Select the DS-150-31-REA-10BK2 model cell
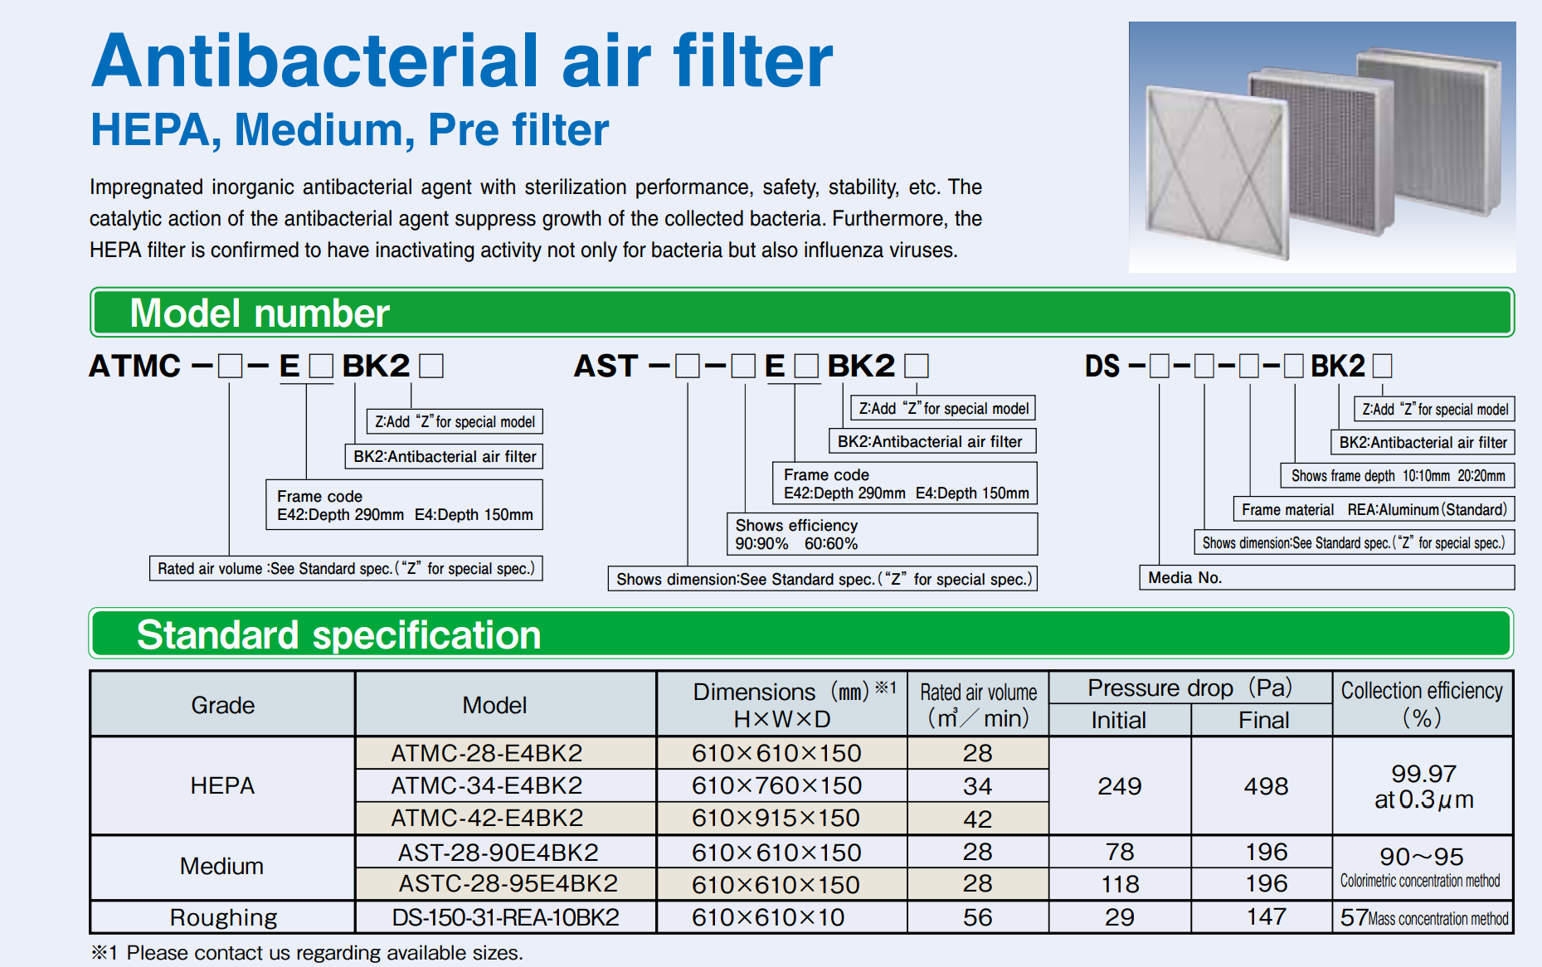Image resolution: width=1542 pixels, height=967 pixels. point(505,917)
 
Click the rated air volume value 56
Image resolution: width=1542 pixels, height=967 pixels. point(978,917)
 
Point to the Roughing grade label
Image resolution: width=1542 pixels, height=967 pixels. point(222,917)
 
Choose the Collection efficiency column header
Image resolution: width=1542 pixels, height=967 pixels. point(1423,704)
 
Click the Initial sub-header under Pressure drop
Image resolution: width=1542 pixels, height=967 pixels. point(1119,720)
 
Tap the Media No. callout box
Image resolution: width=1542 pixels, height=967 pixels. point(1326,577)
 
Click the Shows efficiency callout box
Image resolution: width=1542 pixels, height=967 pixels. point(882,534)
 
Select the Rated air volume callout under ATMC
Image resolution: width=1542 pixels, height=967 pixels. point(346,568)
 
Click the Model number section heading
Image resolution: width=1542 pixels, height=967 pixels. point(260,313)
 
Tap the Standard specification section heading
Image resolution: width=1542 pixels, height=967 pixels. point(338,634)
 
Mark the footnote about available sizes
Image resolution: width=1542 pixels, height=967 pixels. point(307,953)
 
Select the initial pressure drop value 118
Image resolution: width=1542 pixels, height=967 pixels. point(1119,884)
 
